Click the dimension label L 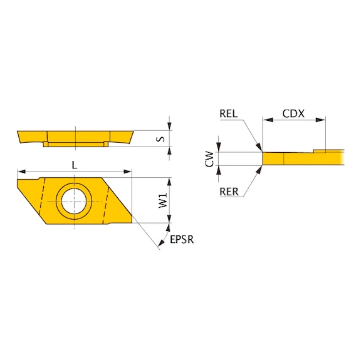pyautogui.click(x=75, y=165)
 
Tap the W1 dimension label pyautogui.click(x=162, y=201)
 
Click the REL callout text pyautogui.click(x=229, y=114)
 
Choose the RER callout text pyautogui.click(x=229, y=192)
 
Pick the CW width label pyautogui.click(x=211, y=159)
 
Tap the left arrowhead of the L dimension pyautogui.click(x=20, y=171)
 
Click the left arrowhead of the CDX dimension pyautogui.click(x=266, y=119)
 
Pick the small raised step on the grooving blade pyautogui.click(x=320, y=150)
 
